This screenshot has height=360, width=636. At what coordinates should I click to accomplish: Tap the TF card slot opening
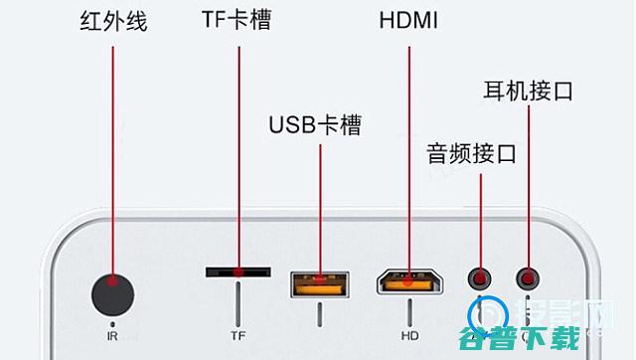pyautogui.click(x=238, y=270)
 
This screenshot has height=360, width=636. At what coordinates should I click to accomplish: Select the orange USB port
pyautogui.click(x=319, y=284)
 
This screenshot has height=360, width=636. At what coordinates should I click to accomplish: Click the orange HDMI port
pyautogui.click(x=408, y=283)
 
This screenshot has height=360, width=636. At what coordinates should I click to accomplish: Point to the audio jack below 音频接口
pyautogui.click(x=481, y=279)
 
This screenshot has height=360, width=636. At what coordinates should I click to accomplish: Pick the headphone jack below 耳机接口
pyautogui.click(x=527, y=279)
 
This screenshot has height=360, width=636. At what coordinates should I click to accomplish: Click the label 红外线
pyautogui.click(x=113, y=22)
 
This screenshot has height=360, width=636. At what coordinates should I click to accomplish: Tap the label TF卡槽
pyautogui.click(x=236, y=21)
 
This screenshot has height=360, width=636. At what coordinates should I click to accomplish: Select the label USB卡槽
pyautogui.click(x=314, y=126)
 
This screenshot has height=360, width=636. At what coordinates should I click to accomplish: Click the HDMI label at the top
pyautogui.click(x=408, y=21)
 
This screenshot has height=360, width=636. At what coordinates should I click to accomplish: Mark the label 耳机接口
pyautogui.click(x=529, y=93)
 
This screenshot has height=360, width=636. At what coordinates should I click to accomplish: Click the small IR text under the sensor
pyautogui.click(x=112, y=336)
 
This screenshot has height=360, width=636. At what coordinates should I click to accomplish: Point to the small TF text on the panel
pyautogui.click(x=238, y=336)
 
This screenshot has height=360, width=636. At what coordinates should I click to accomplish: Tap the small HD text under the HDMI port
pyautogui.click(x=408, y=336)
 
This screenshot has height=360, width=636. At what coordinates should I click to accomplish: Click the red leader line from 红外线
pyautogui.click(x=113, y=149)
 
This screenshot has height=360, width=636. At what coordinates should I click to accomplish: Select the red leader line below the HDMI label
pyautogui.click(x=408, y=149)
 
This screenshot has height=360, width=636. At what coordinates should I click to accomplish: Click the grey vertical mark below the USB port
pyautogui.click(x=319, y=314)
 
